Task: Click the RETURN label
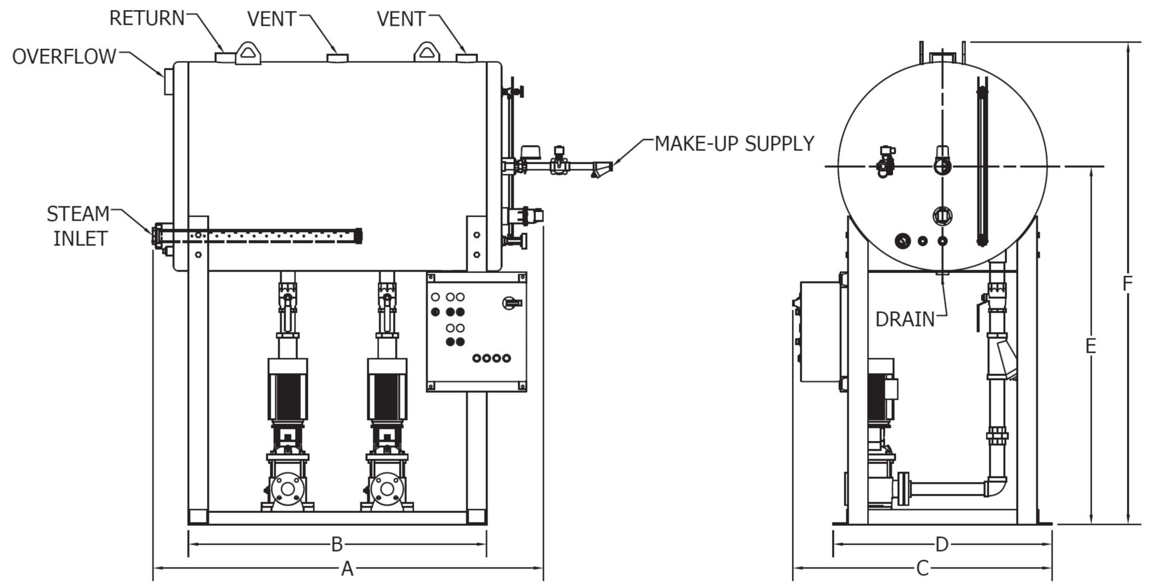coord(146,19)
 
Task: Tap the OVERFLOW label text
coord(64,57)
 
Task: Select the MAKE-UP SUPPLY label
coord(734,144)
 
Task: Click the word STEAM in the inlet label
coord(78,214)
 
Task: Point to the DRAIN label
coord(904,320)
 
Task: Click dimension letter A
coord(347,569)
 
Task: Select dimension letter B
coord(337,544)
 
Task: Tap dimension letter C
coord(922,569)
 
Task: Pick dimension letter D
coord(942,544)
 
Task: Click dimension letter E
coord(1090,346)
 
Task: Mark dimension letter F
coord(1128,284)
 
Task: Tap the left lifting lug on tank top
coord(247,53)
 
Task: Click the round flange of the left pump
coord(288,489)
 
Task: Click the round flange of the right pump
coord(387,489)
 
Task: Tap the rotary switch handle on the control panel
coord(512,303)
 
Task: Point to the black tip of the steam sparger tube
coord(359,235)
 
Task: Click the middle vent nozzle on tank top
coord(338,58)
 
